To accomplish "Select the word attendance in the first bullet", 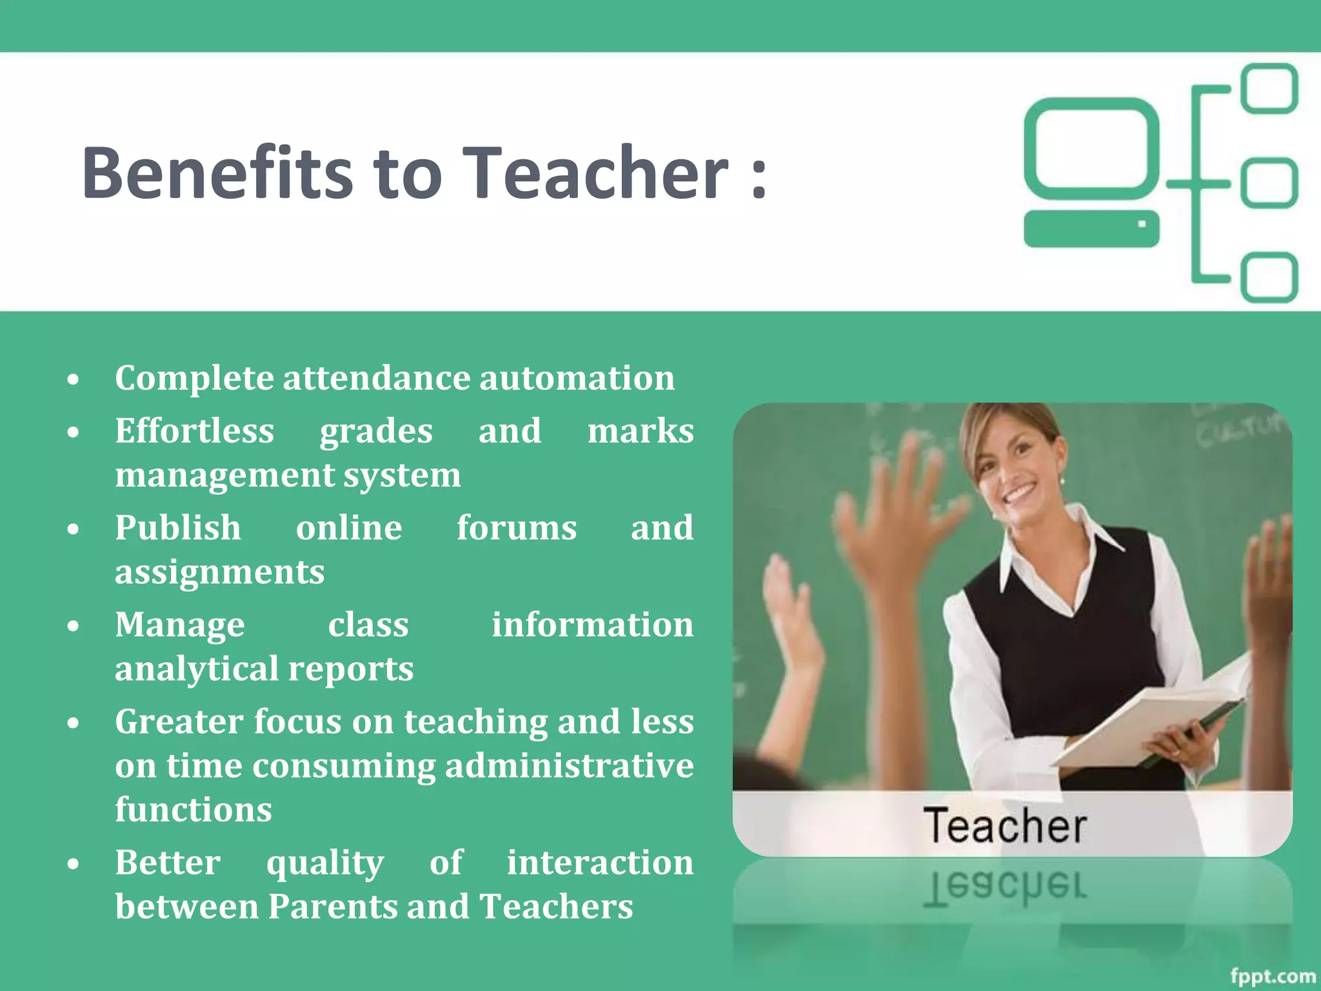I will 380,378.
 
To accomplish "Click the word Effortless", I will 195,431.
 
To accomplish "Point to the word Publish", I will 178,528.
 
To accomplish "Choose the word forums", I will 517,528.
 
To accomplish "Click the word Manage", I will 180,625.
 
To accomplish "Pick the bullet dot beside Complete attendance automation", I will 74,379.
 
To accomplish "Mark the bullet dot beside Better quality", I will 74,864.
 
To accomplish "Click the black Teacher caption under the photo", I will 1005,826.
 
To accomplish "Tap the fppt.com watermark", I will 1273,976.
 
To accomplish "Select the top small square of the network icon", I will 1269,88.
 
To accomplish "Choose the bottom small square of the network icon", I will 1269,277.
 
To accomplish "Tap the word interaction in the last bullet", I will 599,863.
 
